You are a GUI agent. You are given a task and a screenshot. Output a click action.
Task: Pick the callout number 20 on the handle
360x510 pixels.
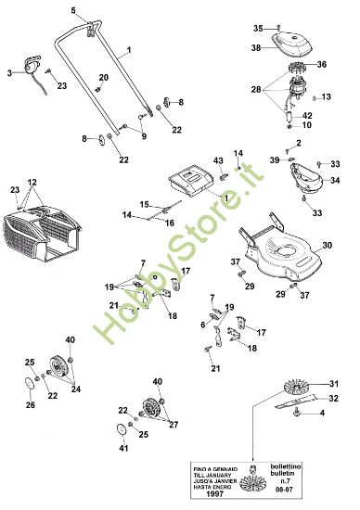coord(104,76)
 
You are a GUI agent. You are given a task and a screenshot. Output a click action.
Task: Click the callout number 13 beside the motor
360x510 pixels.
coord(339,96)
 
